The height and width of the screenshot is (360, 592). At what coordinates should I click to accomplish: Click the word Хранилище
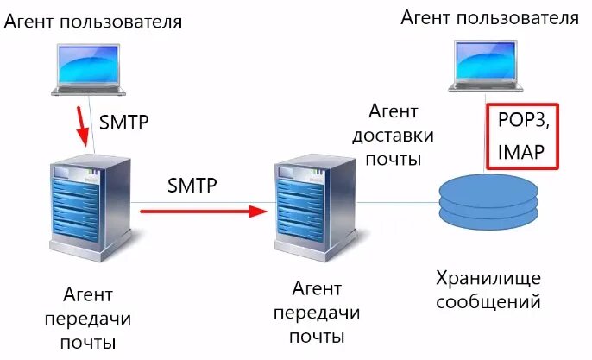(x=488, y=278)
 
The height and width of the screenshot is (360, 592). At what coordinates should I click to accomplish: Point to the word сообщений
(x=488, y=302)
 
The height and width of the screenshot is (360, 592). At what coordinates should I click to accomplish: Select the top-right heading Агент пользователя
(x=489, y=18)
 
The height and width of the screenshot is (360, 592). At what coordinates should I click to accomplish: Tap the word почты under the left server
(x=89, y=342)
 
